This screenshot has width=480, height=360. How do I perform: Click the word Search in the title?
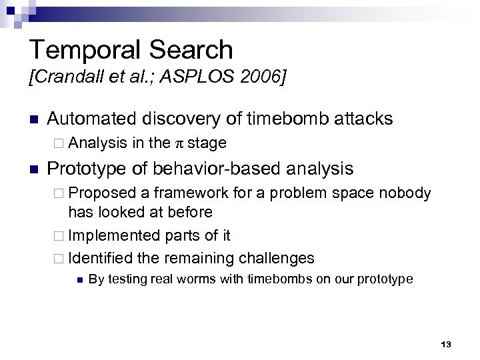coord(197,50)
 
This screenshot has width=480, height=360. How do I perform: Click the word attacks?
coord(363,119)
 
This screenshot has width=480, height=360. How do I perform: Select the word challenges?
coord(278,257)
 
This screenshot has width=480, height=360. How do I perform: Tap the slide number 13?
coord(446,344)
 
